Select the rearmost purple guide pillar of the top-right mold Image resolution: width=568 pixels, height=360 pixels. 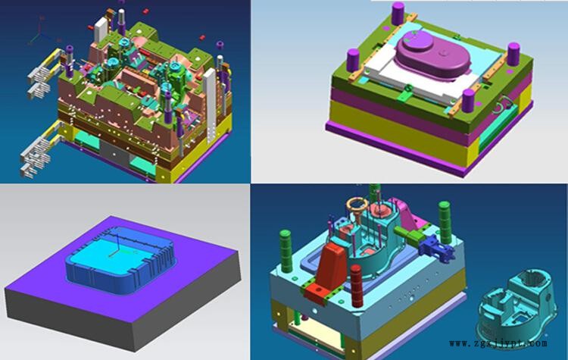pos(398,14)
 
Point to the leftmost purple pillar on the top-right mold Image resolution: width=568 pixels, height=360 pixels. pos(353,60)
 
